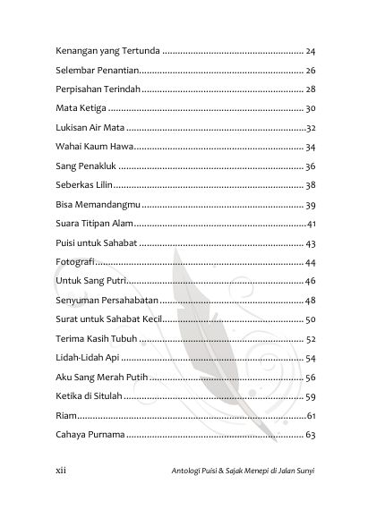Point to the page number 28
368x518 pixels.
pyautogui.click(x=311, y=89)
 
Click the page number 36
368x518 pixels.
pyautogui.click(x=311, y=166)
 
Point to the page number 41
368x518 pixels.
pyautogui.click(x=311, y=224)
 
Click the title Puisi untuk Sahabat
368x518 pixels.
pyautogui.click(x=97, y=243)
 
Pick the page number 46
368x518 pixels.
pyautogui.click(x=311, y=282)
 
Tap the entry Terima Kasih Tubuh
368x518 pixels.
pyautogui.click(x=98, y=339)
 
